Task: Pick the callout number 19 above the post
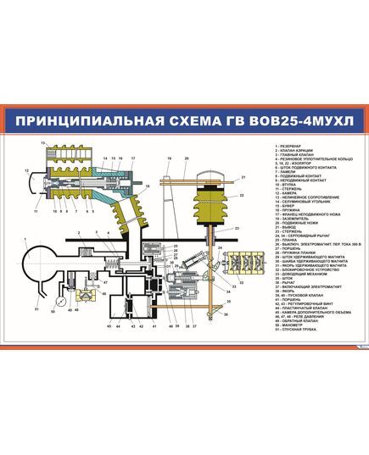tap(170, 159)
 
